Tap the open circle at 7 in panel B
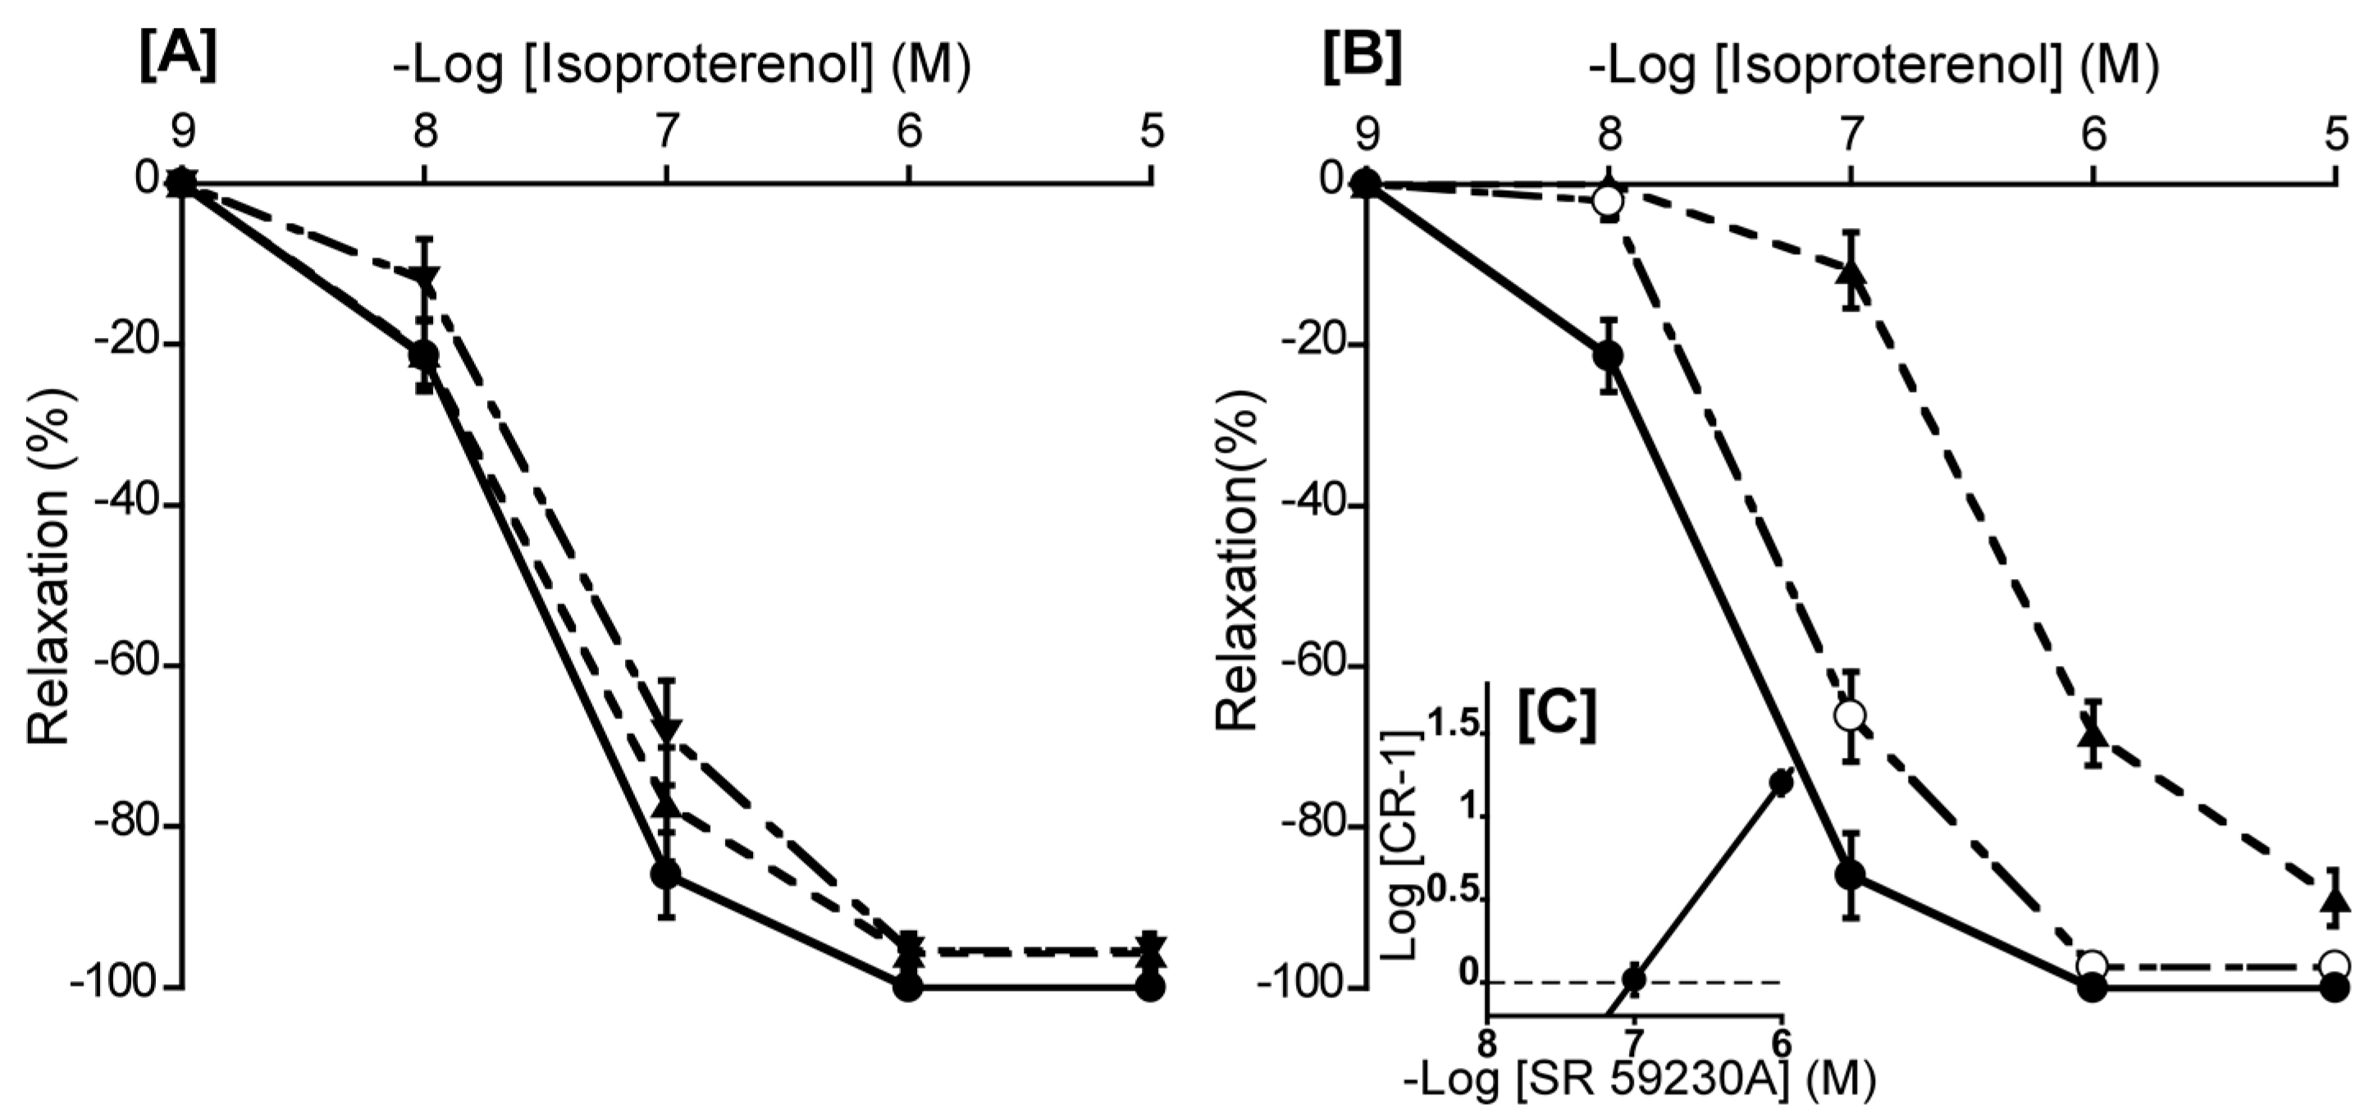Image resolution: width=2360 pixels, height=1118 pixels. point(1851,714)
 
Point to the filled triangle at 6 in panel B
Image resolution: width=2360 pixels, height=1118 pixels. point(2093,733)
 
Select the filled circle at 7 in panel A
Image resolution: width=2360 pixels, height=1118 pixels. point(666,874)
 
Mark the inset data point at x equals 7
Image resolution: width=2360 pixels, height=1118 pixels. point(1633,979)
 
